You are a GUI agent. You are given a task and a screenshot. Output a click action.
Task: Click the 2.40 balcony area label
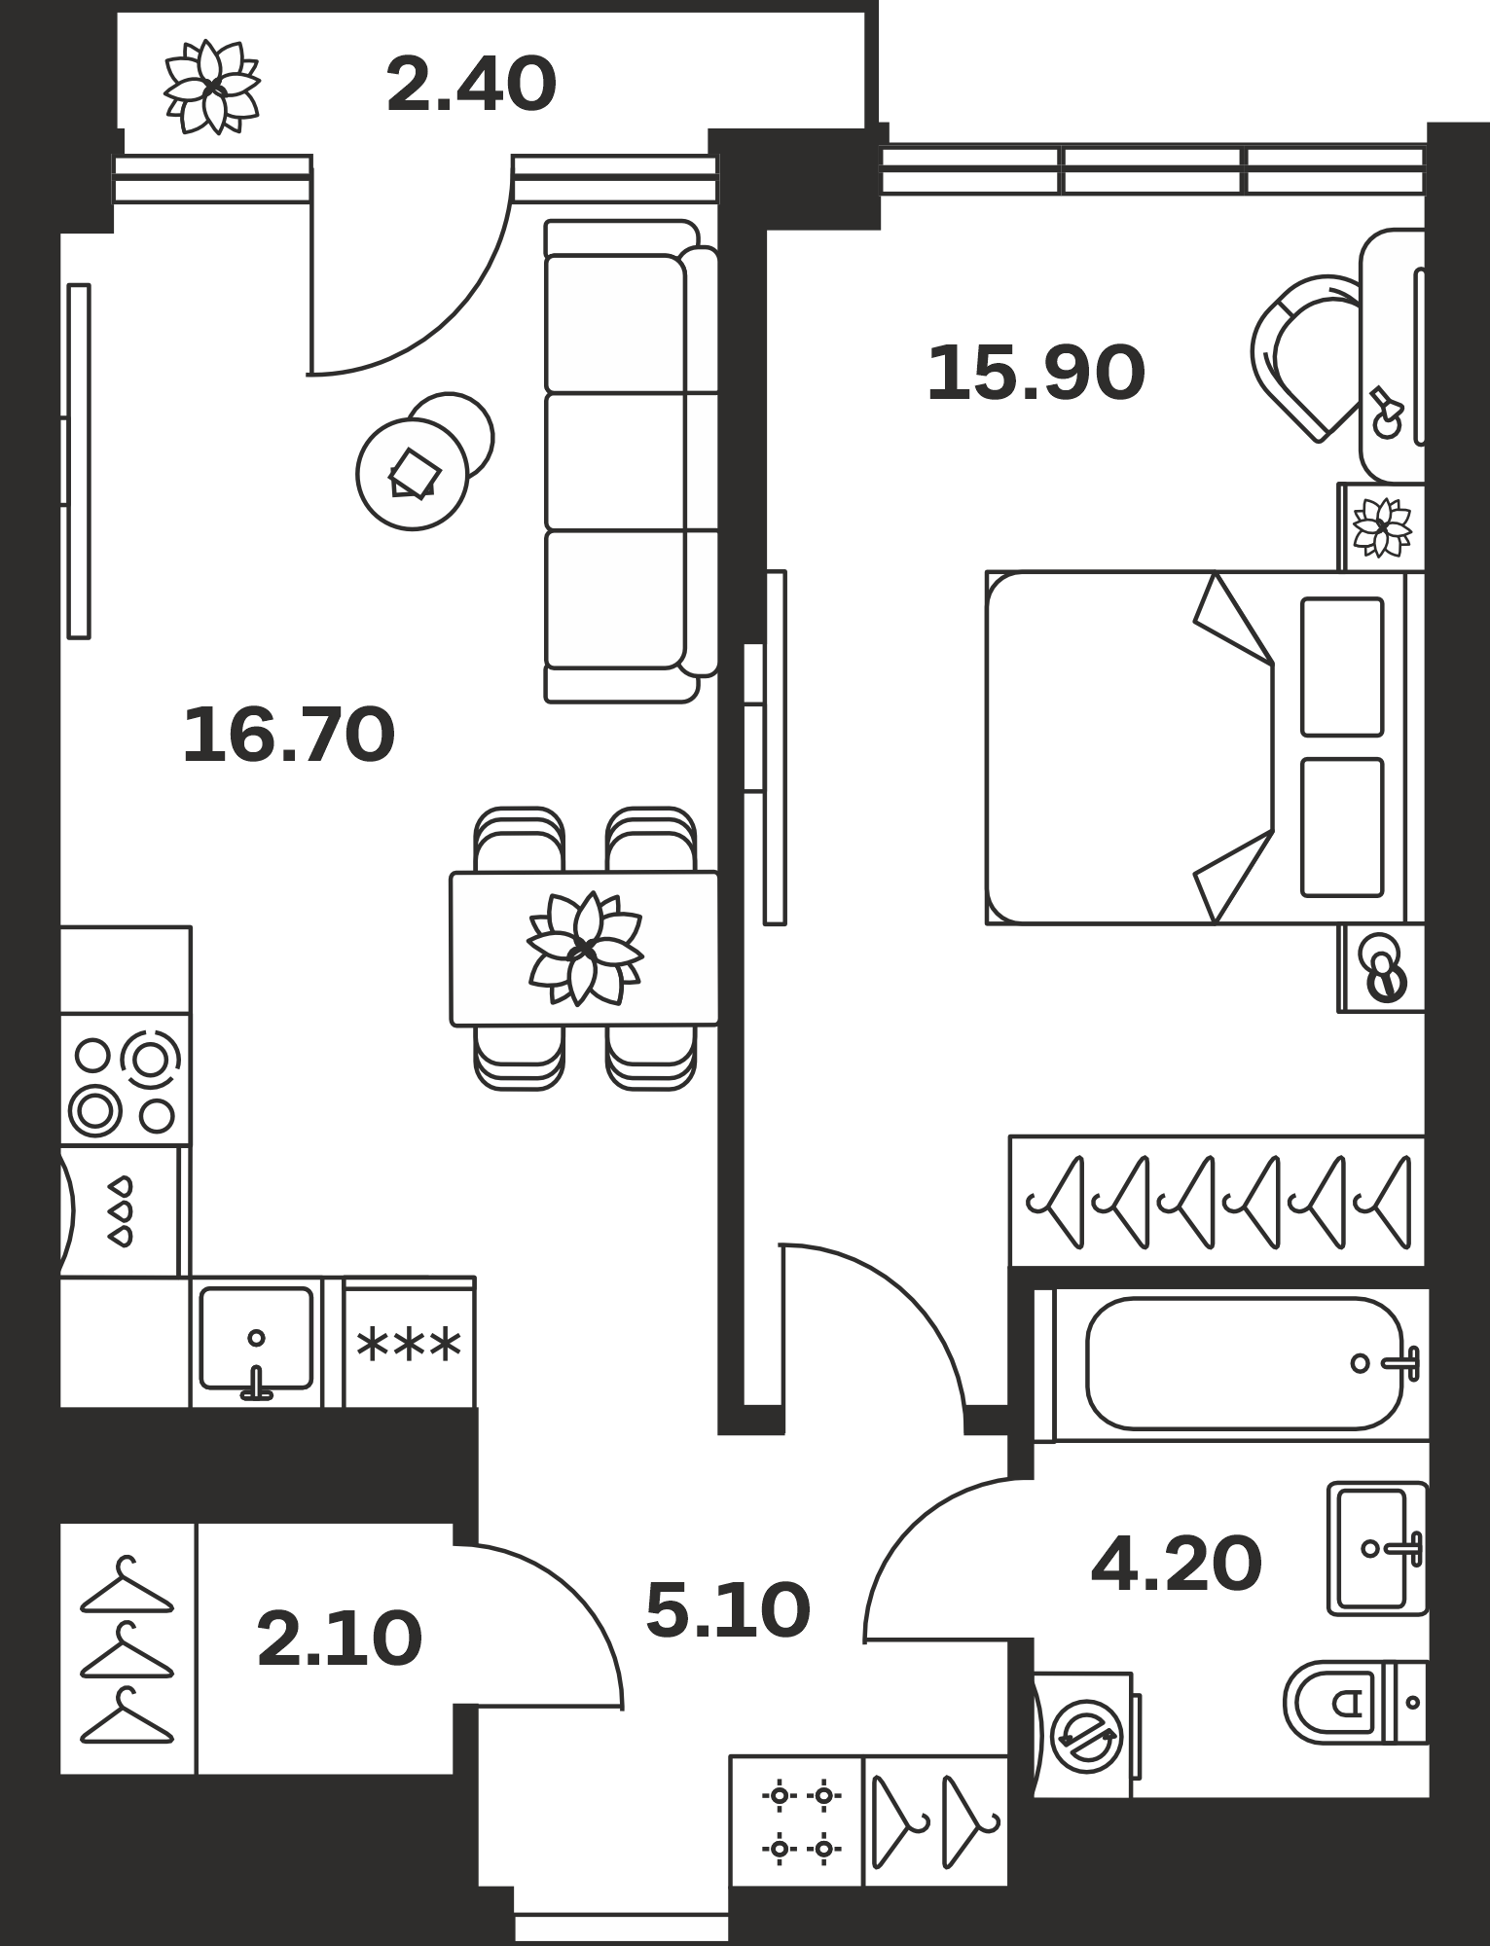471,85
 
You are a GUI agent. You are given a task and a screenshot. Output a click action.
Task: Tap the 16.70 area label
289,736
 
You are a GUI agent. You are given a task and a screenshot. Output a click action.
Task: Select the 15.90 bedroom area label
1036,374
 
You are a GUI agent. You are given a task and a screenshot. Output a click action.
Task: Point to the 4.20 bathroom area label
1177,1565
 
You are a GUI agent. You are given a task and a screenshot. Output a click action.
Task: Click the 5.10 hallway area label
728,1610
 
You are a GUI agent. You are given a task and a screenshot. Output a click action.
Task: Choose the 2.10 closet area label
340,1639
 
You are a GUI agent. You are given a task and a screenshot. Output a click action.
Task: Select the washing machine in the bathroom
1084,1735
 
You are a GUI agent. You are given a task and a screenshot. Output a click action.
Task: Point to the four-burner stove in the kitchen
126,1079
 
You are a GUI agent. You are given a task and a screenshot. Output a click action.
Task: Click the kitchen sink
256,1342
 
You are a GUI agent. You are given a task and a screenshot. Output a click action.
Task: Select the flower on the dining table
584,949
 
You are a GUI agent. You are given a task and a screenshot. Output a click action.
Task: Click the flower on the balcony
211,87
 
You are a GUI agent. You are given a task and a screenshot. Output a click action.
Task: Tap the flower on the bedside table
1382,527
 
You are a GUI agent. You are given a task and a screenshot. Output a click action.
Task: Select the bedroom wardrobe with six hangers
1217,1201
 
